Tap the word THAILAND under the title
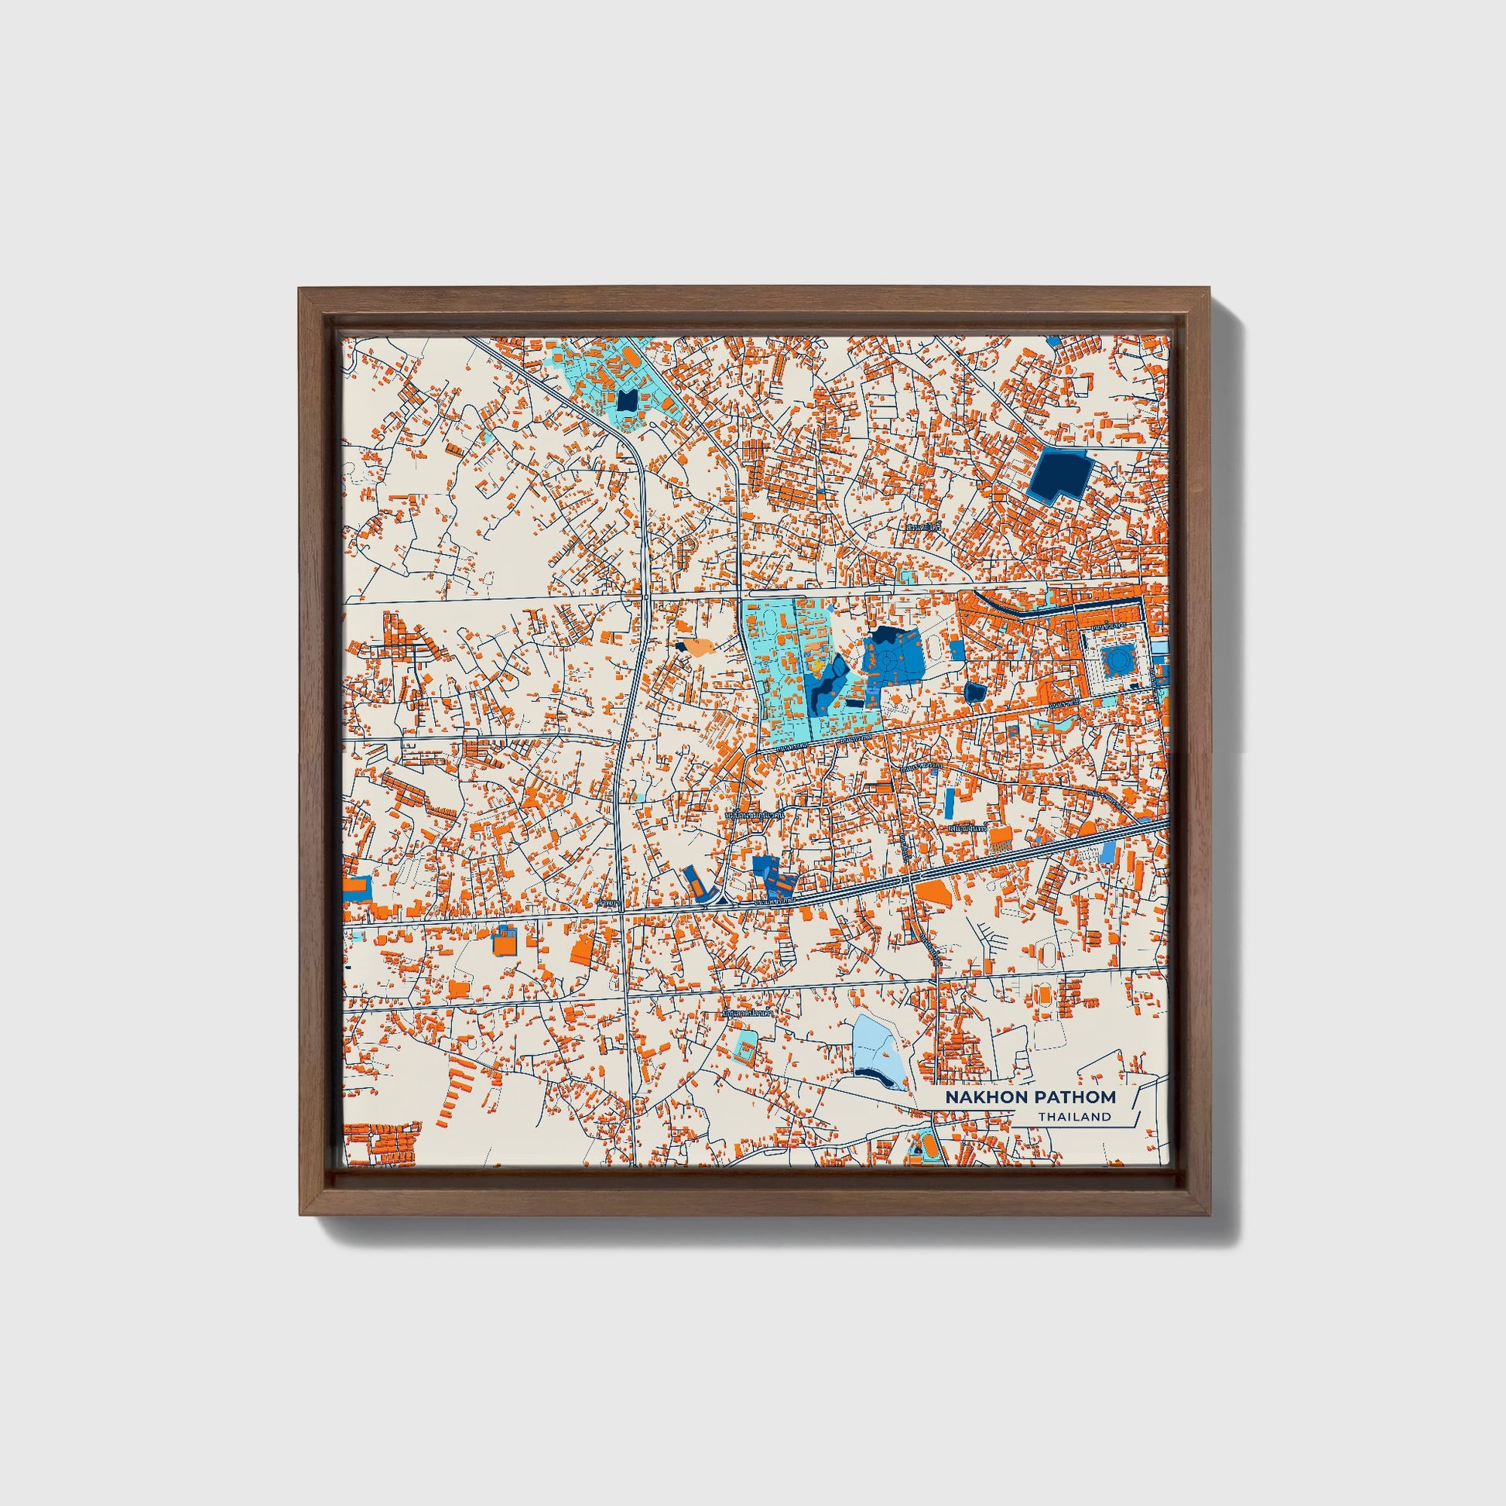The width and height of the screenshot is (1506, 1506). click(x=1073, y=1116)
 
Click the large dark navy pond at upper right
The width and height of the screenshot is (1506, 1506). click(x=1060, y=473)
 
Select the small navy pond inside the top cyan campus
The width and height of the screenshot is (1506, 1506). click(x=627, y=401)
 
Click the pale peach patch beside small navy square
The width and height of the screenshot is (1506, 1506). click(x=696, y=646)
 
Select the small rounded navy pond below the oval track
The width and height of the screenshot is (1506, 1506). click(x=974, y=690)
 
